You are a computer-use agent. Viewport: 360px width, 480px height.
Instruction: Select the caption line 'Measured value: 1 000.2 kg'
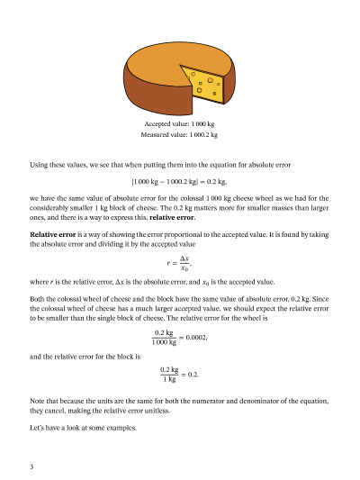coord(180,134)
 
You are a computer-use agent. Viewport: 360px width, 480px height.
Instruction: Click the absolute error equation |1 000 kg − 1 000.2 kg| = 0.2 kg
coord(180,180)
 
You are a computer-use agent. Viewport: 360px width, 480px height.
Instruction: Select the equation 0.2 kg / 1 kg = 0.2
coord(180,373)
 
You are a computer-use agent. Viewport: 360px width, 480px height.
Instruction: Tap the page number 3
coord(31,466)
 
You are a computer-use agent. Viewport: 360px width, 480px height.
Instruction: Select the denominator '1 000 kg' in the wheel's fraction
coord(165,343)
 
